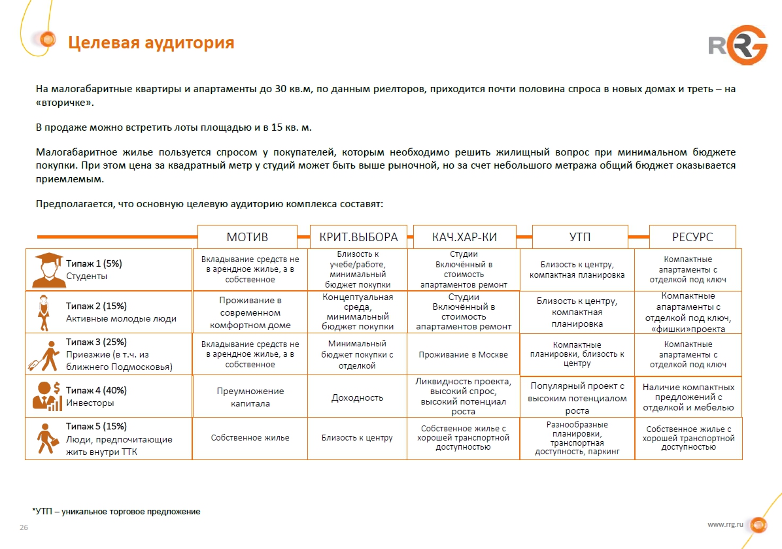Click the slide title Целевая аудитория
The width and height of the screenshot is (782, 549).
[x=151, y=43]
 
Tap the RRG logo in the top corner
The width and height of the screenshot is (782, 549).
[x=738, y=44]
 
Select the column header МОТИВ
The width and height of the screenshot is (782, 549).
[x=247, y=237]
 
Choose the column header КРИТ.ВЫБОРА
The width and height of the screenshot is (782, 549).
[x=358, y=237]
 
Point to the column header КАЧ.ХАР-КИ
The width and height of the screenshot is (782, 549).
[x=464, y=237]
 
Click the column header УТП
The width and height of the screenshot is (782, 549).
[x=579, y=237]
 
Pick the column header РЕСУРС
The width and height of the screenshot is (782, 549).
[x=692, y=237]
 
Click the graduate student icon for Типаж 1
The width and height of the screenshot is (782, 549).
[x=47, y=269]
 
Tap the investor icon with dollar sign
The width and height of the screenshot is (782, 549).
[x=47, y=396]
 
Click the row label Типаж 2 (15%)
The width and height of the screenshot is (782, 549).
[x=96, y=306]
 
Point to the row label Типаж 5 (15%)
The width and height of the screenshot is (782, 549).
[x=96, y=427]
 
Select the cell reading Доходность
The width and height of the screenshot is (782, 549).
[x=357, y=397]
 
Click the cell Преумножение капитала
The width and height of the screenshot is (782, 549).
[x=250, y=397]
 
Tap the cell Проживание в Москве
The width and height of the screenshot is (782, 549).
[x=463, y=355]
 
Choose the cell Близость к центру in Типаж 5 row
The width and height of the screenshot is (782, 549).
[x=357, y=438]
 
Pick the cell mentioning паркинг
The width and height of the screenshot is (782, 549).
[x=577, y=438]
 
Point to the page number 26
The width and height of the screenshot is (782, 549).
[x=24, y=528]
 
